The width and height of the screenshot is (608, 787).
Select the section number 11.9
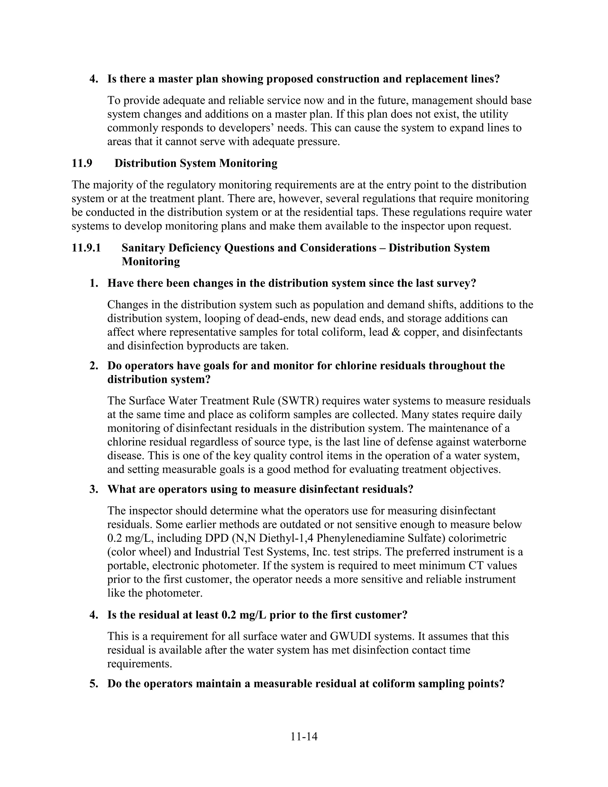(82, 163)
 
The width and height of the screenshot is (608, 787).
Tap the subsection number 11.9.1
(86, 248)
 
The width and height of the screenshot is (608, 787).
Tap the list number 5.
(94, 683)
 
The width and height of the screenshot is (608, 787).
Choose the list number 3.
(94, 489)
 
